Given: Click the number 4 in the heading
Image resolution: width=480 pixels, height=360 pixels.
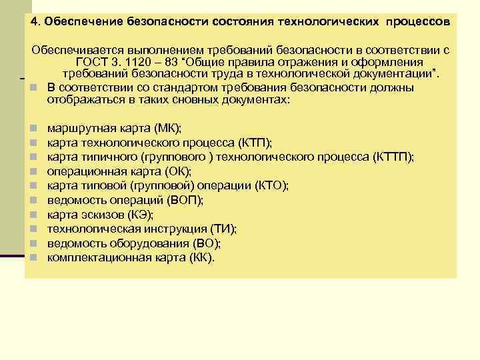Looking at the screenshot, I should click(33, 23).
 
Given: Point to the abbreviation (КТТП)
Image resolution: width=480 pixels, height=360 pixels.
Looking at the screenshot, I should click(395, 156).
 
